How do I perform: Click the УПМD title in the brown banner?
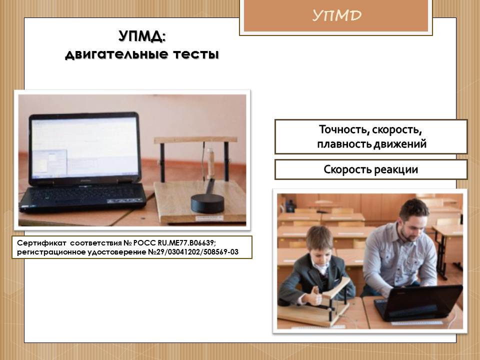pyautogui.click(x=336, y=15)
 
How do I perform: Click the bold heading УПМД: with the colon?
pyautogui.click(x=141, y=36)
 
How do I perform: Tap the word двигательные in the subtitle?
pyautogui.click(x=116, y=54)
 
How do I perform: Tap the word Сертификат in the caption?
pyautogui.click(x=41, y=243)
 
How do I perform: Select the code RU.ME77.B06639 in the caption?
pyautogui.click(x=186, y=243)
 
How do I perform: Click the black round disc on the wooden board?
pyautogui.click(x=207, y=202)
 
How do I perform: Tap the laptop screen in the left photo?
pyautogui.click(x=85, y=147)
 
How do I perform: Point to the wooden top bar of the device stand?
pyautogui.click(x=195, y=140)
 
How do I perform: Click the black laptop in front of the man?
pyautogui.click(x=418, y=302)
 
